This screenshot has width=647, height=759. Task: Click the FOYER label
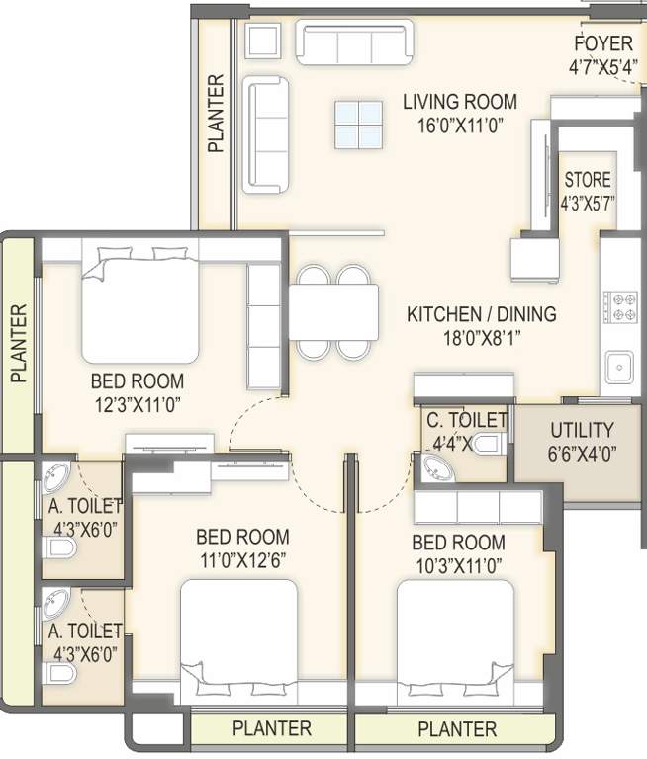(x=603, y=44)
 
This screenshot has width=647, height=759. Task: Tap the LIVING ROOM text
(x=459, y=101)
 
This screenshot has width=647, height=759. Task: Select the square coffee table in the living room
(x=357, y=126)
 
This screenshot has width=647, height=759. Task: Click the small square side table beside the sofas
(x=264, y=42)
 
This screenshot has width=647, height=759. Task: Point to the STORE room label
(x=588, y=181)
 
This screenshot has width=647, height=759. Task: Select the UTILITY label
(x=582, y=430)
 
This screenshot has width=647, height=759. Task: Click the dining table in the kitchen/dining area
(x=333, y=311)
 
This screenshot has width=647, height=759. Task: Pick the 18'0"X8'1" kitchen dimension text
(x=481, y=340)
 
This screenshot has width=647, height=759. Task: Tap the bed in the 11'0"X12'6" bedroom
(x=238, y=637)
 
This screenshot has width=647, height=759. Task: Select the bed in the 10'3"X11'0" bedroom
(x=456, y=637)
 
